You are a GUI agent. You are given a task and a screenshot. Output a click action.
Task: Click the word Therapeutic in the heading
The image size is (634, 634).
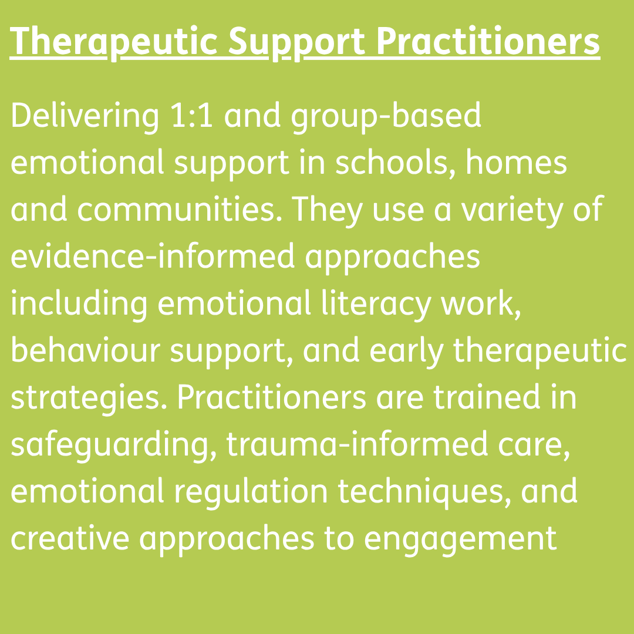pos(114,42)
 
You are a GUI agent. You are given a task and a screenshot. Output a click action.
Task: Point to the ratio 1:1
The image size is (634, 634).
pos(192,116)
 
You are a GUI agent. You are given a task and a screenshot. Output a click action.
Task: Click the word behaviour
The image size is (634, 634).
pos(85,349)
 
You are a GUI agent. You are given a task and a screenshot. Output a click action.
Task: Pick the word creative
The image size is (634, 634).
pos(70,538)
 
